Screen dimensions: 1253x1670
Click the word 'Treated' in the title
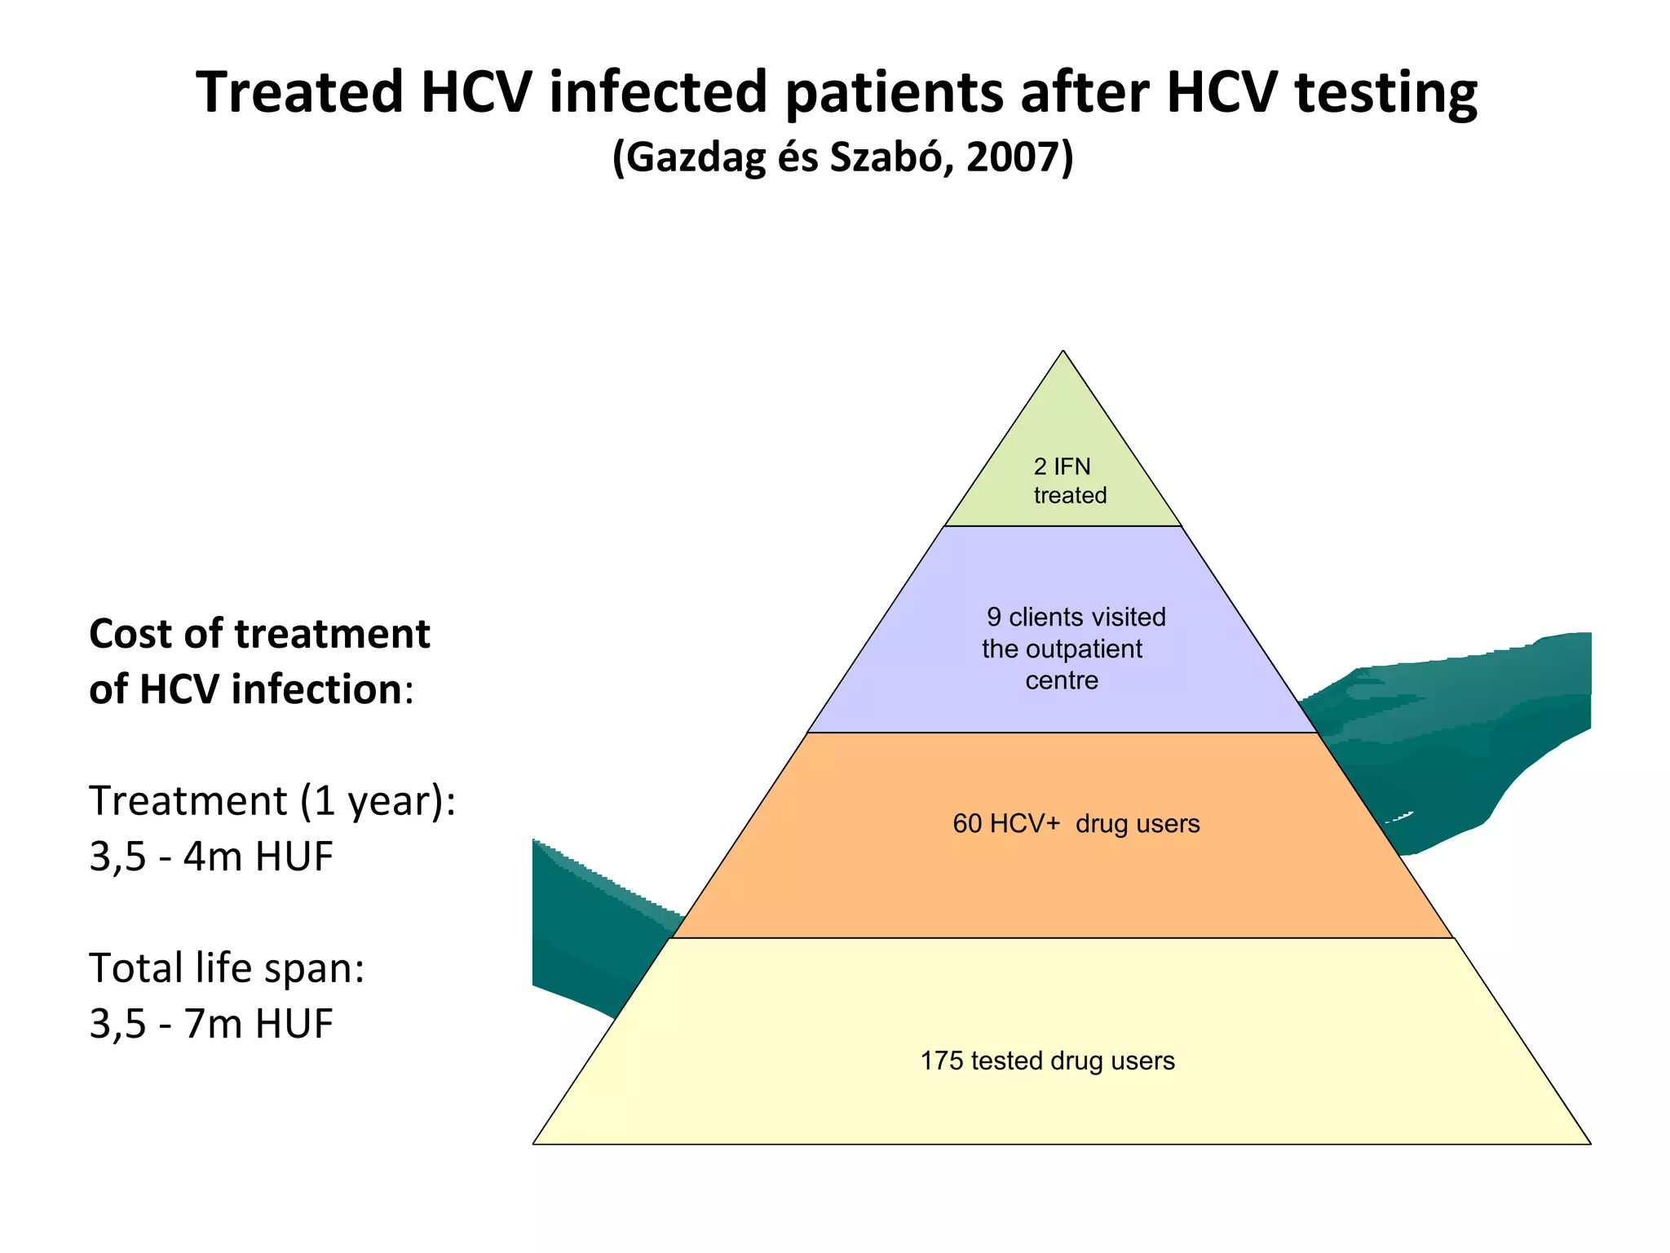(299, 91)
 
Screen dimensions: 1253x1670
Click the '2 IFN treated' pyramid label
(1069, 480)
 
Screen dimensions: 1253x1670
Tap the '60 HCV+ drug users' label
(1076, 824)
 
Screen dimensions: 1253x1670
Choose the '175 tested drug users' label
(1047, 1060)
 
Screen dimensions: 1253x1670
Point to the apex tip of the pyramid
(1063, 353)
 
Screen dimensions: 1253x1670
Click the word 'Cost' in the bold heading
(130, 634)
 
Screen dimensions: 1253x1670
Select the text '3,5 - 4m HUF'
(211, 857)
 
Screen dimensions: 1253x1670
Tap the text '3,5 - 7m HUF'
(211, 1024)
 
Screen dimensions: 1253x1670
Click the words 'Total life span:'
(227, 968)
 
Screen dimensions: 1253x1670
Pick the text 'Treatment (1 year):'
(272, 801)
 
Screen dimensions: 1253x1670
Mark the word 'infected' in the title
(658, 91)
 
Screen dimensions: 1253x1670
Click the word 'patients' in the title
(894, 93)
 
